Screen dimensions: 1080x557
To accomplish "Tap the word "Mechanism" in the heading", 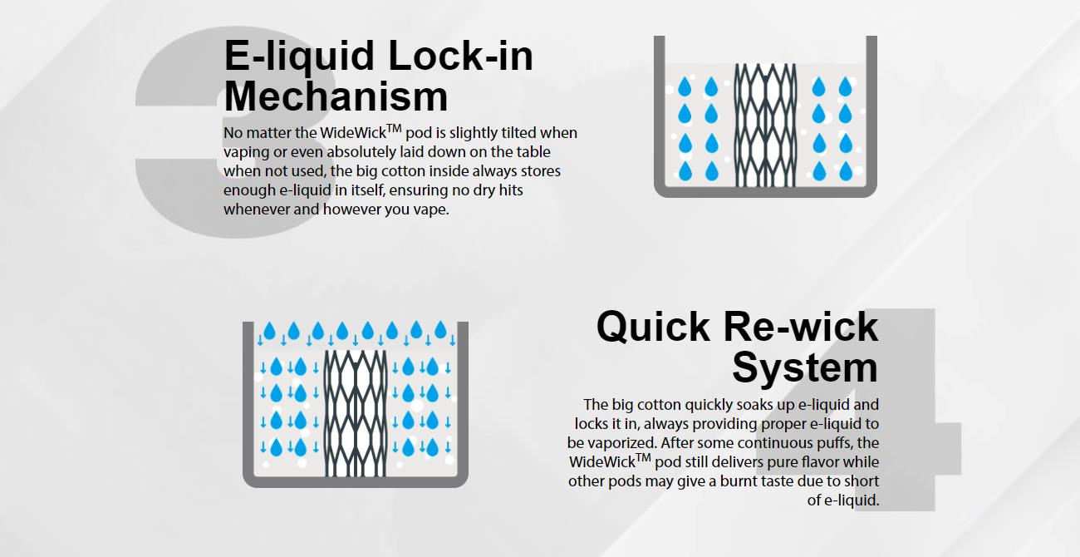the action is pyautogui.click(x=336, y=96).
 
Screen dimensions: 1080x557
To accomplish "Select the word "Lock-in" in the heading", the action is pyautogui.click(x=460, y=55).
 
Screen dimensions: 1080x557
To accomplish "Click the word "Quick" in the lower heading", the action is pyautogui.click(x=653, y=327).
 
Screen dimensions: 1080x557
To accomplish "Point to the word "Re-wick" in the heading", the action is pyautogui.click(x=801, y=327).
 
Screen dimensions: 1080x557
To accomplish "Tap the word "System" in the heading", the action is pyautogui.click(x=805, y=367).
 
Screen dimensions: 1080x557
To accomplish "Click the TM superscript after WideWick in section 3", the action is pyautogui.click(x=394, y=128).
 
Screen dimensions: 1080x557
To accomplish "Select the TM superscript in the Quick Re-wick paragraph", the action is pyautogui.click(x=643, y=457).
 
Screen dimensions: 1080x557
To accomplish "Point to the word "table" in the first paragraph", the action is pyautogui.click(x=533, y=151).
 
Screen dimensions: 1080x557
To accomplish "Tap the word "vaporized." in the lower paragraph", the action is pyautogui.click(x=621, y=443).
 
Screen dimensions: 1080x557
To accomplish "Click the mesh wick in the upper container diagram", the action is pyautogui.click(x=765, y=125).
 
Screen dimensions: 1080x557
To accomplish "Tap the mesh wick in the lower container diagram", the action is pyautogui.click(x=356, y=413).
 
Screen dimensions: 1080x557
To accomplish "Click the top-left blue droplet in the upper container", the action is pyautogui.click(x=685, y=87).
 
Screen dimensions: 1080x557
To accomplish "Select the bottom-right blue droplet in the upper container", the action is pyautogui.click(x=846, y=171).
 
